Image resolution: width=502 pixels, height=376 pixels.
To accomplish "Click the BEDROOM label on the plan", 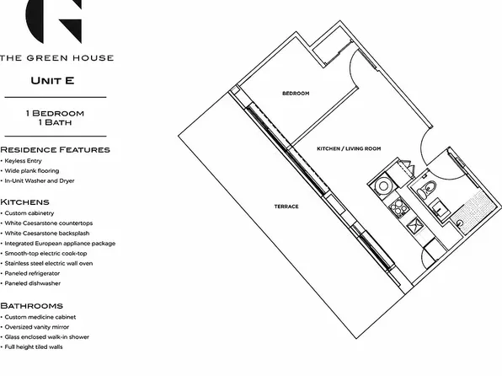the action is (x=296, y=94).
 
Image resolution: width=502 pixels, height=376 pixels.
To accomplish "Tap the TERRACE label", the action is (x=286, y=207).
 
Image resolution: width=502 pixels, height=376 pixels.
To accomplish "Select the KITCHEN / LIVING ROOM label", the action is (x=349, y=148).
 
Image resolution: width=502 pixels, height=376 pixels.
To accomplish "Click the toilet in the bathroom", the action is (x=427, y=190).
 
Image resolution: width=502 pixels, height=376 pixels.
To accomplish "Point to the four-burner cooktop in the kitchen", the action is (x=399, y=207).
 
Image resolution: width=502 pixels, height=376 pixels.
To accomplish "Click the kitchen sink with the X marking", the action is (x=415, y=224).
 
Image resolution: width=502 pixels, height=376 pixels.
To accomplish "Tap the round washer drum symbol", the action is (x=383, y=186).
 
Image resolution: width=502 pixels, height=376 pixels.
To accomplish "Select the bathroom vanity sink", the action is (x=440, y=208).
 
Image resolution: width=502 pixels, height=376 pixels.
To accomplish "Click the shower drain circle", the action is (x=460, y=223).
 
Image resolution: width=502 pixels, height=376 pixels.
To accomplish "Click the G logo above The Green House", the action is (x=54, y=21).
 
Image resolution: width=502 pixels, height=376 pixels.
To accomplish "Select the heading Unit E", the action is (x=52, y=80).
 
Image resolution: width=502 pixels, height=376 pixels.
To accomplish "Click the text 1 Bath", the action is (x=55, y=122).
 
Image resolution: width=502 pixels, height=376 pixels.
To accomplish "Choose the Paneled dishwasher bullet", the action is (x=30, y=283).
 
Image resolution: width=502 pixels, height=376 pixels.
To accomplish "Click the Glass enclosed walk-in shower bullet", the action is (x=45, y=337).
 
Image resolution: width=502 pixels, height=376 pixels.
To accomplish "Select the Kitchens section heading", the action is (x=24, y=202).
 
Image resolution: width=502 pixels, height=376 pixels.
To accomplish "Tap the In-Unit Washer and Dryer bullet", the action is (x=37, y=180).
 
